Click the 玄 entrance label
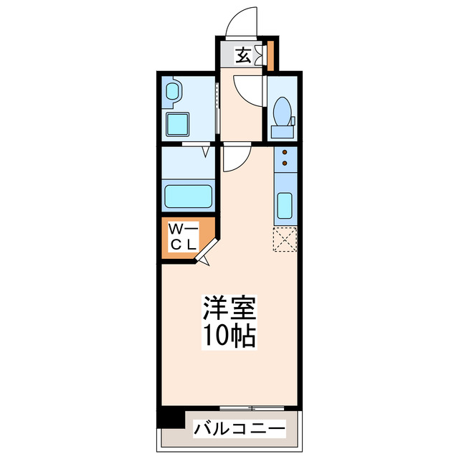(244, 55)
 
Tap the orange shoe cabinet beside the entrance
(270, 55)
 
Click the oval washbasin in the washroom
(173, 93)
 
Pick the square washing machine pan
(177, 123)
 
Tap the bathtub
(188, 196)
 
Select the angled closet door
(207, 253)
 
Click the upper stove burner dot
(285, 152)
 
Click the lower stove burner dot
(285, 164)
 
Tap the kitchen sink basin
(285, 207)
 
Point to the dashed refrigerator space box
(285, 240)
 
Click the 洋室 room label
(229, 310)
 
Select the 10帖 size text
(229, 335)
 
